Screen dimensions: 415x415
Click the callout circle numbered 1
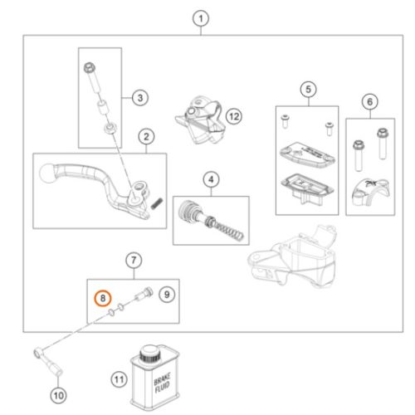point(201,19)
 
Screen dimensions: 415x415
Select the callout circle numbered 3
point(140,98)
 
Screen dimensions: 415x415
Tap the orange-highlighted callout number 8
point(103,299)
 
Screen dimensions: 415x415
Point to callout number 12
point(234,116)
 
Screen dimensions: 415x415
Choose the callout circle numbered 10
point(58,395)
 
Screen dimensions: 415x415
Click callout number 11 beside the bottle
point(119,379)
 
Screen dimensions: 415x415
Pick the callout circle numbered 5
point(309,89)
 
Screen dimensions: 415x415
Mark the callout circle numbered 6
point(370,101)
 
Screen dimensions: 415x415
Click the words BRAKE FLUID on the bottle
point(162,383)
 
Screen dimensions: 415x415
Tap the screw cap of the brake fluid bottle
point(149,354)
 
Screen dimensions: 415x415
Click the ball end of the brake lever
point(48,173)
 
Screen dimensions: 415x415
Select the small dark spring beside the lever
point(157,203)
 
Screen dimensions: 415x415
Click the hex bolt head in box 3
point(90,67)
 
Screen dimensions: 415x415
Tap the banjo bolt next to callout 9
point(144,294)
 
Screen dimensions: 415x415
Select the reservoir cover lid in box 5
point(307,154)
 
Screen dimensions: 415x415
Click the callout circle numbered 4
point(211,179)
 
